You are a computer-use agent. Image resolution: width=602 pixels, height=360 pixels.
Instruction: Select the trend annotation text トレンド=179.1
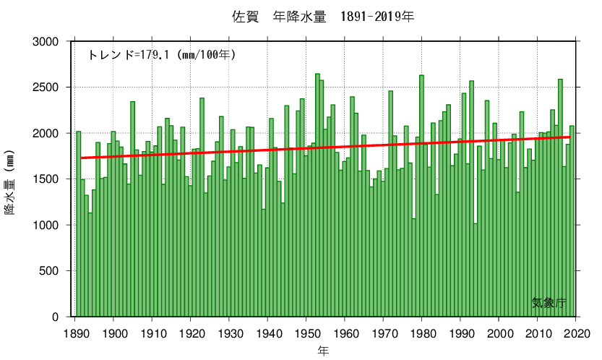pyautogui.click(x=162, y=55)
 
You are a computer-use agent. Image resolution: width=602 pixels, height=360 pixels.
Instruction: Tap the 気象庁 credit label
pyautogui.click(x=549, y=303)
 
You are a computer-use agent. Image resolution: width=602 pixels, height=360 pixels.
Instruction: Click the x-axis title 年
pyautogui.click(x=324, y=351)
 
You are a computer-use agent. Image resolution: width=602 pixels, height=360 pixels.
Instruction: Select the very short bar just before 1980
pyautogui.click(x=414, y=267)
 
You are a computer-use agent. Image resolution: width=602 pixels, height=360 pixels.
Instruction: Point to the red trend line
pyautogui.click(x=325, y=147)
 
